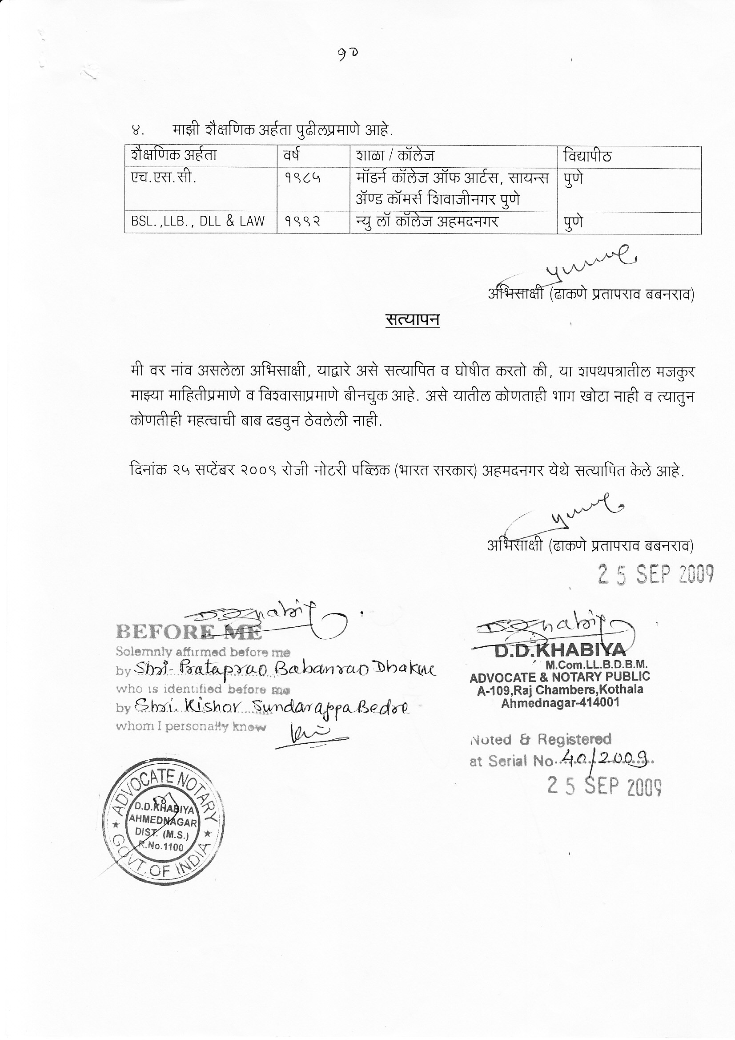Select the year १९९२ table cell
(x=303, y=222)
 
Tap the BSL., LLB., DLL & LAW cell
(x=198, y=222)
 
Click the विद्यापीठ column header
(x=587, y=156)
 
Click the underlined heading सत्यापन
(x=413, y=320)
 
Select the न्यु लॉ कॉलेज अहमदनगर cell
(x=427, y=222)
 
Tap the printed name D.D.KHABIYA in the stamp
(x=560, y=651)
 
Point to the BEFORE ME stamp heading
(x=189, y=632)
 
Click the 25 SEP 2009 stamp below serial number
(x=604, y=787)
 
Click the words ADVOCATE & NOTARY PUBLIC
(x=560, y=677)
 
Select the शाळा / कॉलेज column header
(x=395, y=156)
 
